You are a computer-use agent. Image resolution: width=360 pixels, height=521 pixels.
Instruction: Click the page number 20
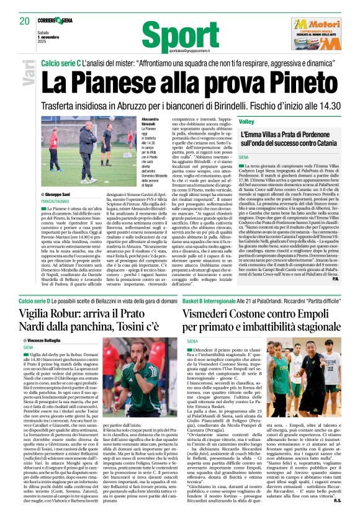[25, 20]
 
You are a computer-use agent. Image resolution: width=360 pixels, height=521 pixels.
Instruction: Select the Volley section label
[247, 122]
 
